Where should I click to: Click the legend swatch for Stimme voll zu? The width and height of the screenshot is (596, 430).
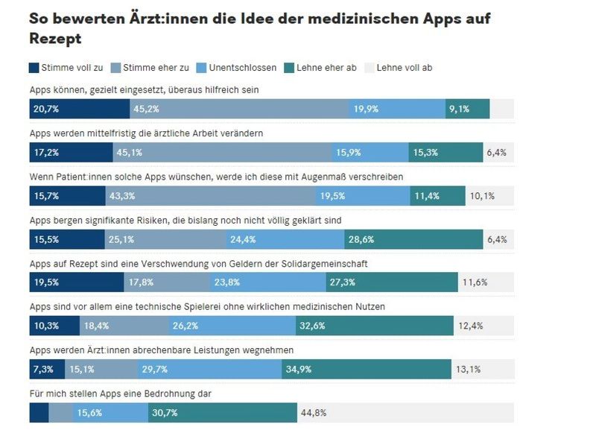click(34, 68)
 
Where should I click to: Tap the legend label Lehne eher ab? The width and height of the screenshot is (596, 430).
click(326, 68)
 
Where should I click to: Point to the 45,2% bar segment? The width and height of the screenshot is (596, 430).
click(238, 109)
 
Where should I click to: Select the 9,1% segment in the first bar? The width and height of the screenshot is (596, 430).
click(467, 109)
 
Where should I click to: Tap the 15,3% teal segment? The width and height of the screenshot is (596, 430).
click(446, 153)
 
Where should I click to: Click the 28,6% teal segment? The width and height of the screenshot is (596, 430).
click(413, 239)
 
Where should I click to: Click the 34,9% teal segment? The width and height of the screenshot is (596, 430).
click(367, 369)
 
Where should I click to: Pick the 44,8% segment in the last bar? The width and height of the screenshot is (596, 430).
click(405, 412)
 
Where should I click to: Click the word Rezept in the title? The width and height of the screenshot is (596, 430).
click(55, 37)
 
